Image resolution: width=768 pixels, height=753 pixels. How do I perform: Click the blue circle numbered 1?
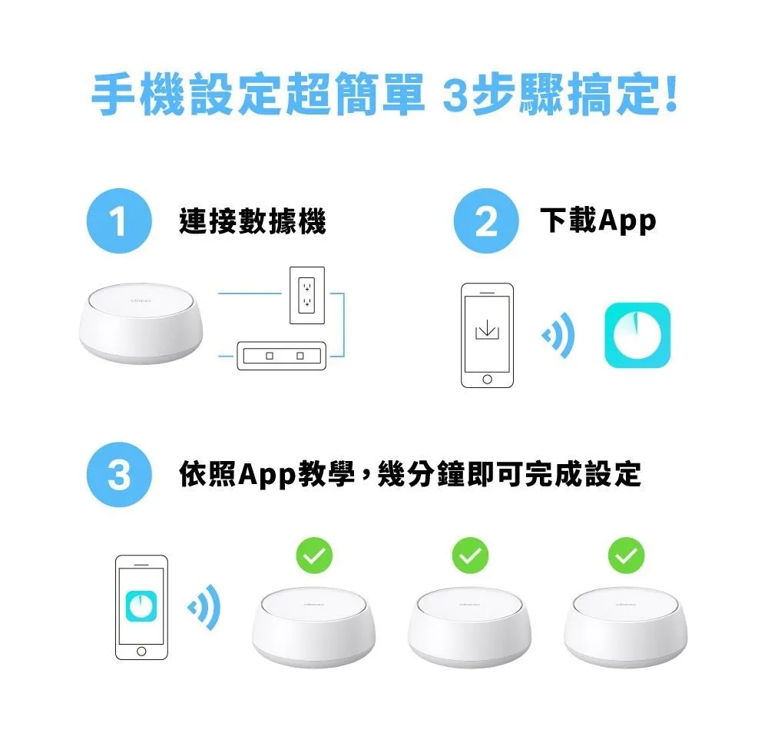pos(120,221)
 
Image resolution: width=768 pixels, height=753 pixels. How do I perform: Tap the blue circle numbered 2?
pos(486,221)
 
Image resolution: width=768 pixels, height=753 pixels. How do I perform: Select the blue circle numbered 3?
pos(120,475)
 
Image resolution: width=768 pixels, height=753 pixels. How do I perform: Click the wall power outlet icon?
pos(307,295)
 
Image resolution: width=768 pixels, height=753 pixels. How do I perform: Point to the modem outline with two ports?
pos(282,356)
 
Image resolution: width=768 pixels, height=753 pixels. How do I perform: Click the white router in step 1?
pos(141,323)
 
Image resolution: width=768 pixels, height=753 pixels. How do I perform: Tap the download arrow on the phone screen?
pos(488,330)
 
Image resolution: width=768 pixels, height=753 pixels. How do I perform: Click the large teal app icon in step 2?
pos(637,335)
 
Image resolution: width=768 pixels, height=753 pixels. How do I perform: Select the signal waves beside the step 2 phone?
pos(558,336)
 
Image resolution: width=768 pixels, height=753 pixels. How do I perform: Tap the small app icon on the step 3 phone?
pos(141,606)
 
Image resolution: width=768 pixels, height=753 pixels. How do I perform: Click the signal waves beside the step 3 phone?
pos(204,608)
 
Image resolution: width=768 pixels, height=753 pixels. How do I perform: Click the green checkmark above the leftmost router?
pos(314,556)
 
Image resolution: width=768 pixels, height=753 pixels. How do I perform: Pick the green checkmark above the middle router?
pos(470,556)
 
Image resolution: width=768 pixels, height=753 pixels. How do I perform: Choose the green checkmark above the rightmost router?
pos(626,556)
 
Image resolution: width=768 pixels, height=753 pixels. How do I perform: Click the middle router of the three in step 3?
pos(470,627)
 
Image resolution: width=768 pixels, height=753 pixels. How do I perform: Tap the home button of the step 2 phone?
pos(488,380)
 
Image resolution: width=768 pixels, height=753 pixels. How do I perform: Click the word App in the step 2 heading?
pos(627,221)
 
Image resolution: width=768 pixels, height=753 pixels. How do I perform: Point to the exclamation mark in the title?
pos(671,93)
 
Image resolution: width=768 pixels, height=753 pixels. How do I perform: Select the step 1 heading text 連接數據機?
pos(252,221)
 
